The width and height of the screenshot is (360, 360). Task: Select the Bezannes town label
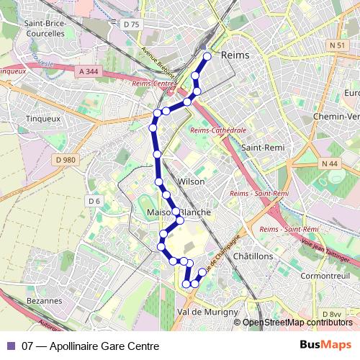click(43, 300)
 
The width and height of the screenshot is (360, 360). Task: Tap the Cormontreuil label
click(325, 276)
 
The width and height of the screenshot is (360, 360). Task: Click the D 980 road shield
click(65, 160)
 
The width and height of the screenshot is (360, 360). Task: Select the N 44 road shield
click(330, 164)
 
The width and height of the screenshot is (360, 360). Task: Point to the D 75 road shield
click(130, 24)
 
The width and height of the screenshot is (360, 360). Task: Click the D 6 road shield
click(94, 201)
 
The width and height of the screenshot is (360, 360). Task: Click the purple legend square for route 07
click(11, 346)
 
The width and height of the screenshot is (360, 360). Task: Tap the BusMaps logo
click(325, 346)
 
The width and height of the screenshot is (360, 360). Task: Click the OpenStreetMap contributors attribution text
click(297, 323)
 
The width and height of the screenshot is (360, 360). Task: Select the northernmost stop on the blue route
click(207, 56)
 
